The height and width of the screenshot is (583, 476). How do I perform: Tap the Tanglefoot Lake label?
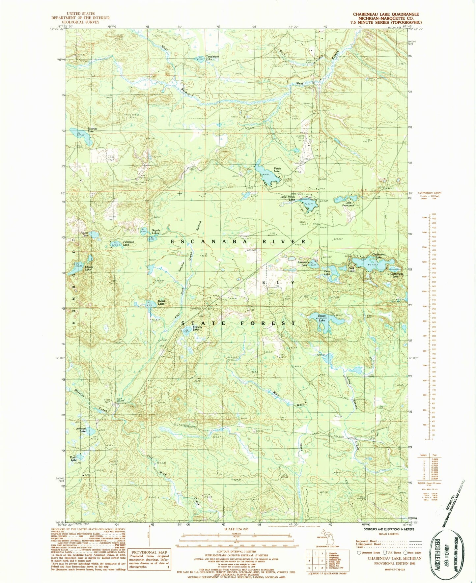212,57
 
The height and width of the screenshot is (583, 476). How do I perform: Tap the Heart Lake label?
161,302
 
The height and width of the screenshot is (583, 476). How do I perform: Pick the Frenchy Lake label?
196,328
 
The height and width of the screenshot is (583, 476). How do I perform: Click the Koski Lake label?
73,458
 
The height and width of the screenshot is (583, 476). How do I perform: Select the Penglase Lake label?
128,243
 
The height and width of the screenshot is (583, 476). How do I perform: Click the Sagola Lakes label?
155,232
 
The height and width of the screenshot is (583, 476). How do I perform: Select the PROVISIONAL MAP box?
150,560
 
